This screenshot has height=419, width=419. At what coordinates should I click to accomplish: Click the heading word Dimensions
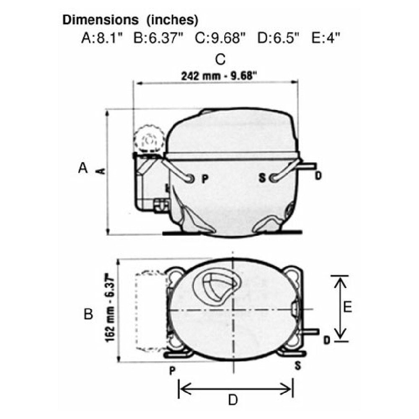[x=100, y=20]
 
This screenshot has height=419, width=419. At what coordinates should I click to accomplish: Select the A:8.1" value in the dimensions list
[x=101, y=38]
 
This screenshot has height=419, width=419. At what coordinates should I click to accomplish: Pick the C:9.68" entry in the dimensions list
[x=220, y=38]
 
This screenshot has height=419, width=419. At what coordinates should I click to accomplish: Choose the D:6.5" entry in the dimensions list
[x=278, y=38]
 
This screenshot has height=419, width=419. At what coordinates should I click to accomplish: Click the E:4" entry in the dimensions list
[x=326, y=38]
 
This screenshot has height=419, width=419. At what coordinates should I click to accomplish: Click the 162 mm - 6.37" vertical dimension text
[x=110, y=310]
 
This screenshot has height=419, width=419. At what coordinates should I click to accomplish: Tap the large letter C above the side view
[x=220, y=59]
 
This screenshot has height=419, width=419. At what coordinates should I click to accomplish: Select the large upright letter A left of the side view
[x=83, y=168]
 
